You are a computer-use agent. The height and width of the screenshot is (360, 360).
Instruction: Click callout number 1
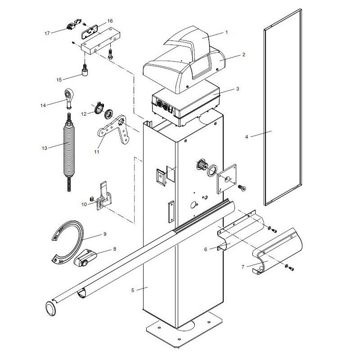(226, 32)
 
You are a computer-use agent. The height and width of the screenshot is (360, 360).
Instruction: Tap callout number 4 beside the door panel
(246, 136)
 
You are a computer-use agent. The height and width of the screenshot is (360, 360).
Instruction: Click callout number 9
(104, 234)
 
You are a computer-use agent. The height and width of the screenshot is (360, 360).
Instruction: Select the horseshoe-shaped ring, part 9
(71, 241)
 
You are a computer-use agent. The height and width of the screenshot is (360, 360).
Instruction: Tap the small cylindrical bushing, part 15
(85, 72)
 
